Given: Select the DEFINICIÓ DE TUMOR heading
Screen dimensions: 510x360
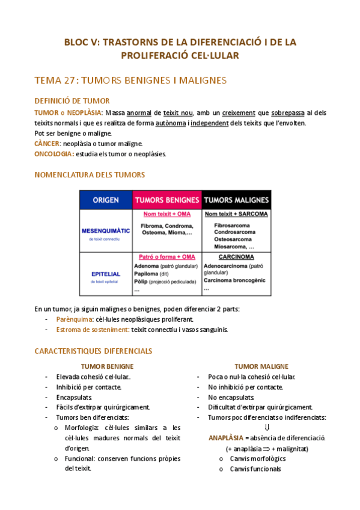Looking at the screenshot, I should pos(72,101).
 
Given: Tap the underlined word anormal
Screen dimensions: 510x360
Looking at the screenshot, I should pos(139,112).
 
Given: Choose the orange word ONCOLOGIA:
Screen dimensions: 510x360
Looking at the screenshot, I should pos(54,154).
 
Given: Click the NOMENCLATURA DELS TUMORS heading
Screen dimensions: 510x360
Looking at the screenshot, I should pos(90,174).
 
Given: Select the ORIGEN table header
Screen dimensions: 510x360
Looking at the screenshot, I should pos(106,200).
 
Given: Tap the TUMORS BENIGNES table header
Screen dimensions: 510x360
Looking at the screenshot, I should pos(166,200).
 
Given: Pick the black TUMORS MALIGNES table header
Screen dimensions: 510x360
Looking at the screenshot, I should pos(236,200).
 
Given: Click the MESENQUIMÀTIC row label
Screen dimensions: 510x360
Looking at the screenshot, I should pos(106,230).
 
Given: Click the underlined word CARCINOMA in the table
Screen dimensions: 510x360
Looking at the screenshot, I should pos(236,257).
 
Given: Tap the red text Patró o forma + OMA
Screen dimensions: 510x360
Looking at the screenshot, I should pos(166,257).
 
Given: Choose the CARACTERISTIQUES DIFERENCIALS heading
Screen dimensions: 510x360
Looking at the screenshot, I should pos(93,351).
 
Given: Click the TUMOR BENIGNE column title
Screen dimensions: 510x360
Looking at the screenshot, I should pos(107,366).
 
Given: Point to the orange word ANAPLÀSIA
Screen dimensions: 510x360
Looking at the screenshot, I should pos(226,438).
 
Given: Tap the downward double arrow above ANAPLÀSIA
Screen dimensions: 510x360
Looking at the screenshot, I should pos(267,428).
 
